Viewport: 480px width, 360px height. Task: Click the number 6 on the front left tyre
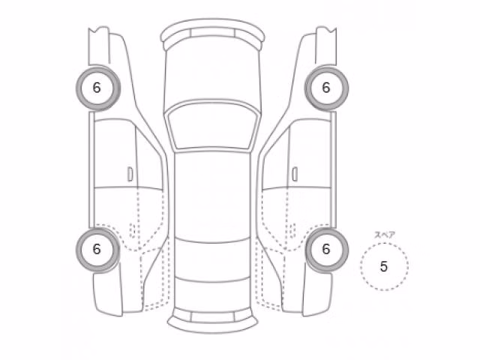point(97,88)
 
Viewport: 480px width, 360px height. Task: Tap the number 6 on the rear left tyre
point(97,249)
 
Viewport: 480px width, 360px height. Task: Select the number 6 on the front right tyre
point(326,88)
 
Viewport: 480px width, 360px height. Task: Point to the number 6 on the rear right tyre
point(326,249)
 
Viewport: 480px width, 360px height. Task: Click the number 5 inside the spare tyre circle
point(384,266)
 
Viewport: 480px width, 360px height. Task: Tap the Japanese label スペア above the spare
point(385,235)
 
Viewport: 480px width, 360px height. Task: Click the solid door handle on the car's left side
point(130,174)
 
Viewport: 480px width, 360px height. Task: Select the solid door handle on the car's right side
point(295,174)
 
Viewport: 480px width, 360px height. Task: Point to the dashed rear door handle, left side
point(133,230)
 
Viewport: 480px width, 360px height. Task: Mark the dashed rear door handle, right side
point(292,230)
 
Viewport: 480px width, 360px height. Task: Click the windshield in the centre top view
point(212,126)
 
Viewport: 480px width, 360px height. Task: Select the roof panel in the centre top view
point(212,196)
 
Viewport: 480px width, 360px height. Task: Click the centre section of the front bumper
point(212,32)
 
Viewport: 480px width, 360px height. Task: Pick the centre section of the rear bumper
point(212,316)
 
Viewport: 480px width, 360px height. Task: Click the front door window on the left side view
point(115,153)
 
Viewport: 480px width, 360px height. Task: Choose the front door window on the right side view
point(310,153)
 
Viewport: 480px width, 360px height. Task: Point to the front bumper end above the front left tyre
point(98,46)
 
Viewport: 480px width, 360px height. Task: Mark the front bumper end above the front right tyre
point(326,46)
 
